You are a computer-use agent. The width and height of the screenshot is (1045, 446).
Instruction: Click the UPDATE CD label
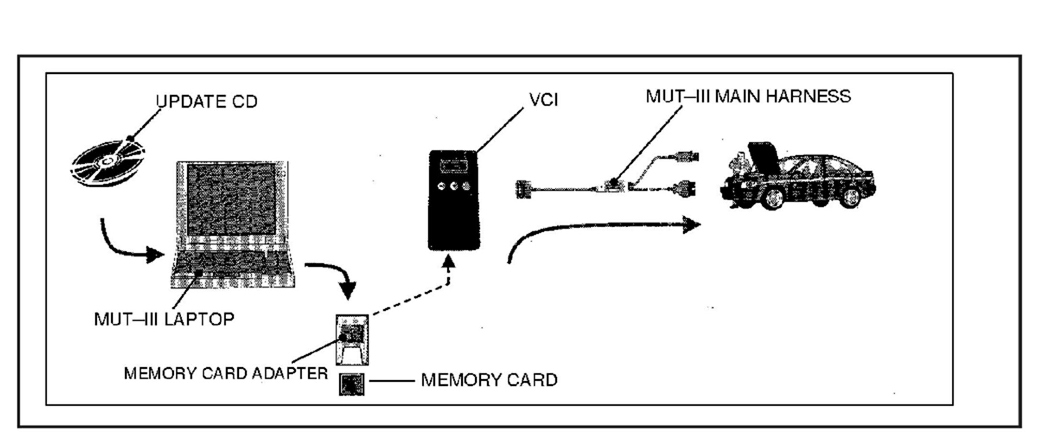click(207, 101)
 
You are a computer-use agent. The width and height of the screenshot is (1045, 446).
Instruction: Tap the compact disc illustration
click(108, 162)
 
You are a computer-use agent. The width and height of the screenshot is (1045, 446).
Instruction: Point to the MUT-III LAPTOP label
click(164, 319)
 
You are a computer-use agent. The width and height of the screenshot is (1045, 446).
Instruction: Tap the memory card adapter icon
click(352, 339)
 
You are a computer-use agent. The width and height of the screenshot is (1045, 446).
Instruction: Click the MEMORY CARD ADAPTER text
click(226, 373)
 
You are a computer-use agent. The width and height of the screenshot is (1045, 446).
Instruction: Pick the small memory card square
click(352, 384)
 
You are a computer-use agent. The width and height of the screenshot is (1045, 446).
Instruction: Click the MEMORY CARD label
click(489, 380)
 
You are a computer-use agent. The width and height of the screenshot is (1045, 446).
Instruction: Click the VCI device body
click(453, 200)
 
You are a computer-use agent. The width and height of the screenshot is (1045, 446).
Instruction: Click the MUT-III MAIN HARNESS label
click(748, 96)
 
